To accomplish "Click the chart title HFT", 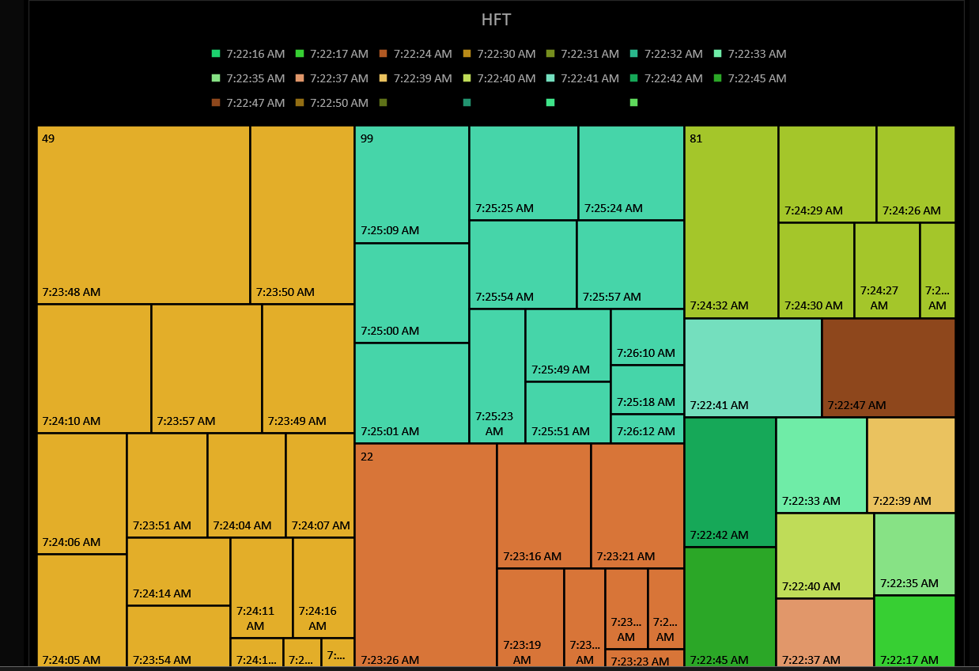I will tap(497, 21).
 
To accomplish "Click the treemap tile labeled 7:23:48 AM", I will tap(143, 214).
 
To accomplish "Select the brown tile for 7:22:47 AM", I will tap(888, 367).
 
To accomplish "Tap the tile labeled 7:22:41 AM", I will tap(753, 367).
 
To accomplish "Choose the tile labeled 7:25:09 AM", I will tap(411, 184).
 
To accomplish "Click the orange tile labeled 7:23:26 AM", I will tap(425, 554).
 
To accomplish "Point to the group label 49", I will tap(48, 138).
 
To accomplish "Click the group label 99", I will tap(367, 138).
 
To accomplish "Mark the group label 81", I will tap(696, 138).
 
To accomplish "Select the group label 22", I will tap(367, 457).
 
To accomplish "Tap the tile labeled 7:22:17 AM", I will tap(914, 631).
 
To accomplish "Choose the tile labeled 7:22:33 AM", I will tap(821, 464).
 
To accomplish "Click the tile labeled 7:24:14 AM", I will tap(178, 571).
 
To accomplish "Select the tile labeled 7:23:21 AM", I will tap(637, 505).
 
